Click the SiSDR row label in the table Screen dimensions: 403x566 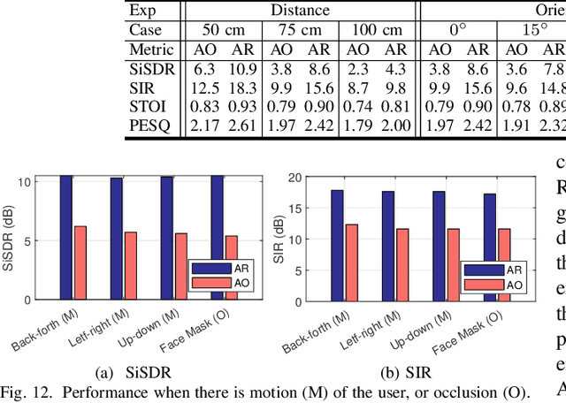pos(153,68)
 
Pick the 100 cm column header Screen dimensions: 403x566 pos(375,31)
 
